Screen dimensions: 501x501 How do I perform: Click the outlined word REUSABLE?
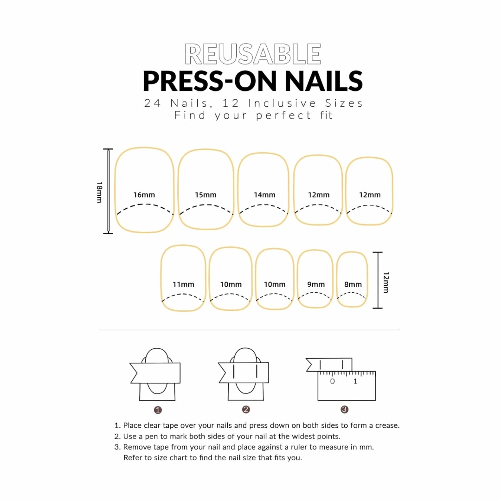point(253,54)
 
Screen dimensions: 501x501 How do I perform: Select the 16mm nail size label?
point(144,195)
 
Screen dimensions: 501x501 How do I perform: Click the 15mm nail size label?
point(206,195)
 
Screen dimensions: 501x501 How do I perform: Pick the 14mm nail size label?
point(264,195)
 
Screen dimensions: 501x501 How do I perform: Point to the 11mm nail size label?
point(183,284)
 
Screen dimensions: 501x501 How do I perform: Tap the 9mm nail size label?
point(316,284)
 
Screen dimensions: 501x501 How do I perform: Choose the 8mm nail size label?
point(353,284)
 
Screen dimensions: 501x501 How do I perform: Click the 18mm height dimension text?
point(99,192)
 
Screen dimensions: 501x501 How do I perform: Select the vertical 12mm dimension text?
point(386,282)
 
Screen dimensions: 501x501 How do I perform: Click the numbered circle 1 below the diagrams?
point(158,410)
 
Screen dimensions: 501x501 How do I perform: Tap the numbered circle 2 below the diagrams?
point(246,410)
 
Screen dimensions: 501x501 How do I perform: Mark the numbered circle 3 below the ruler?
point(344,410)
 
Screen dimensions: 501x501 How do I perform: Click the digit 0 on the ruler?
point(332,381)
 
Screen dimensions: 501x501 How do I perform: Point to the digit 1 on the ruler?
point(355,381)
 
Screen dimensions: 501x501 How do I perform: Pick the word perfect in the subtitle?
point(284,115)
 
